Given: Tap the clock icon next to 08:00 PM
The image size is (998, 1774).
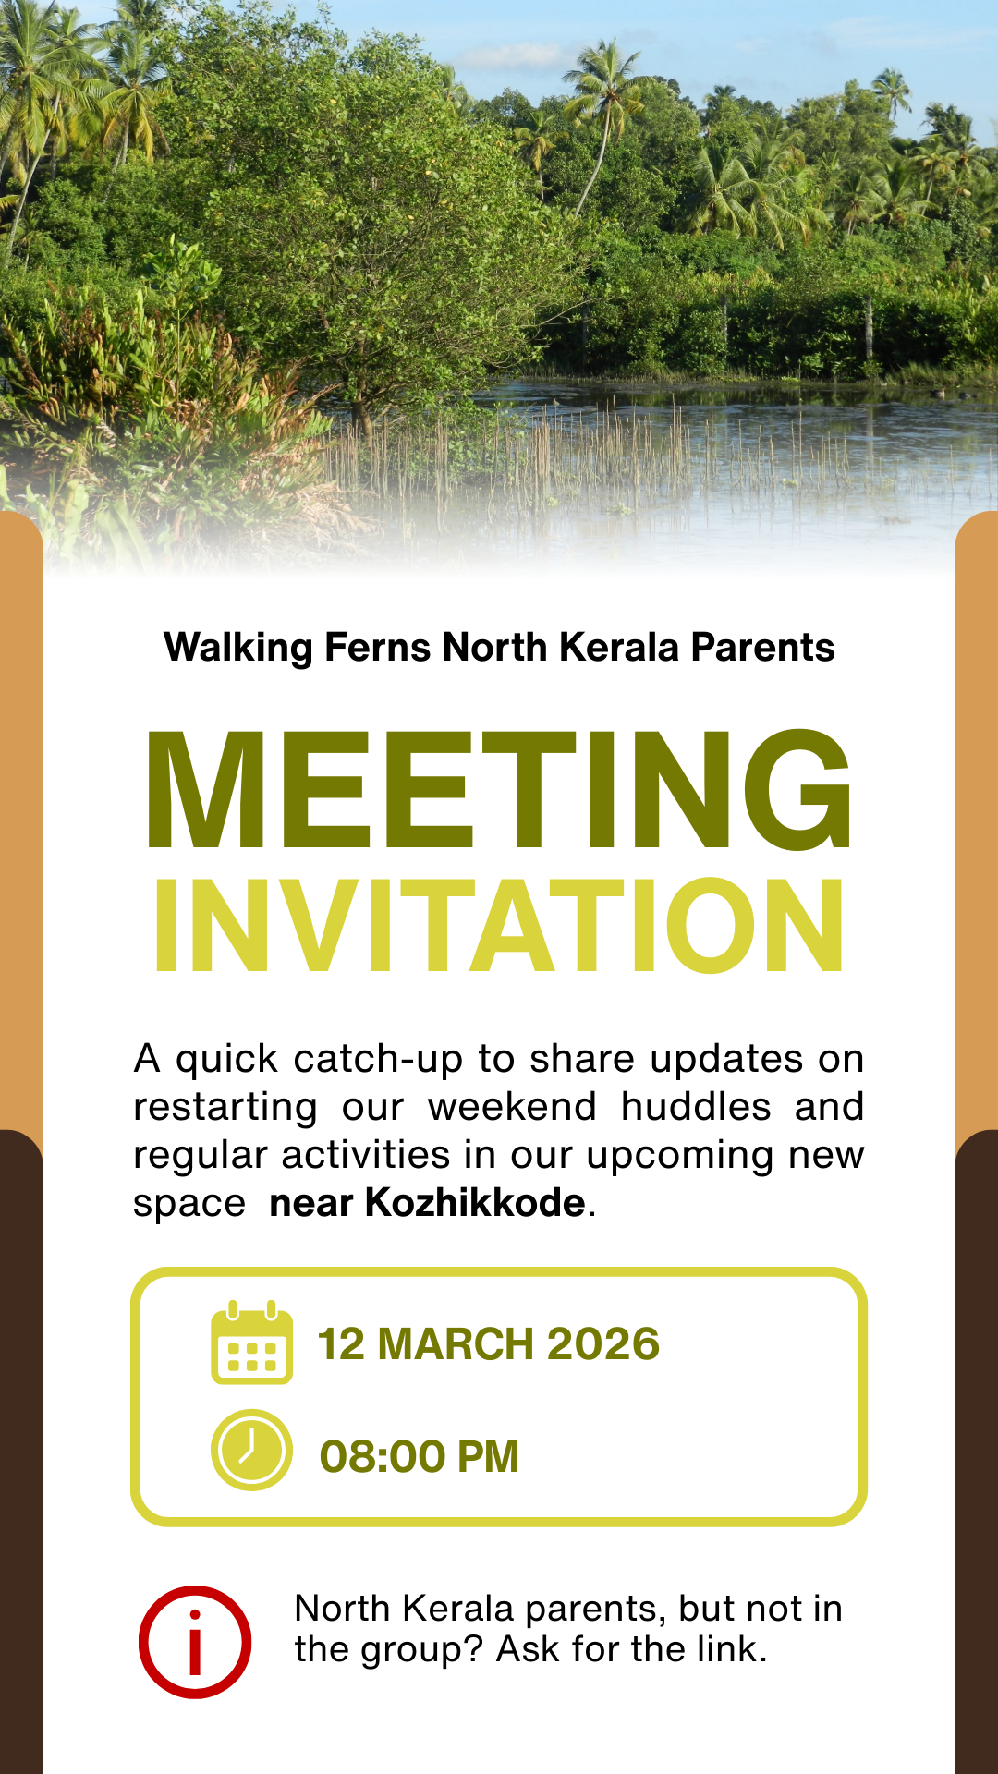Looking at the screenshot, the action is click(x=251, y=1450).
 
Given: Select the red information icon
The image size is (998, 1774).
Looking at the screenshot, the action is click(x=195, y=1642).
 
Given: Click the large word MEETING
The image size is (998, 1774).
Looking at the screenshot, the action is click(x=499, y=790).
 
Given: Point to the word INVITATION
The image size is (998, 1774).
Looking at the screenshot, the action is click(x=499, y=926).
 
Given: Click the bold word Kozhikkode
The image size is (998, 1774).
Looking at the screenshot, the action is click(x=475, y=1203).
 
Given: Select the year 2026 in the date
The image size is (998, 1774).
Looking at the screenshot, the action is click(x=602, y=1344).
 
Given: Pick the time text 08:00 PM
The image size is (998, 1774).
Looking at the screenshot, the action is click(x=419, y=1457).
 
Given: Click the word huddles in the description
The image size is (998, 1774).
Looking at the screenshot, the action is click(x=696, y=1107).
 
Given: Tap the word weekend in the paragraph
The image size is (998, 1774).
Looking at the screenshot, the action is click(x=512, y=1107).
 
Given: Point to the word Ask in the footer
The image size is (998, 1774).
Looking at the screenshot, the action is click(x=529, y=1649).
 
